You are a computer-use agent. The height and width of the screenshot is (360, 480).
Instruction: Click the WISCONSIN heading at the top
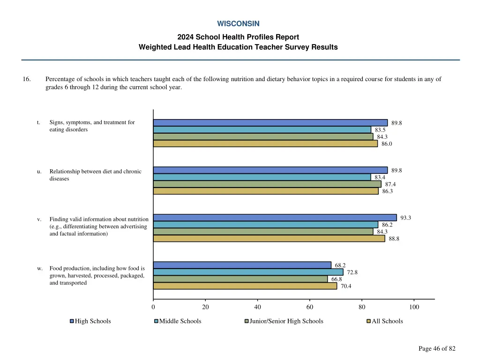(238, 23)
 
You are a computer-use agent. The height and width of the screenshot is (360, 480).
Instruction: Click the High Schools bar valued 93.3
(275, 217)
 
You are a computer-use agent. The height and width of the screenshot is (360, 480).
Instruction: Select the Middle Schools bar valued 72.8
(248, 272)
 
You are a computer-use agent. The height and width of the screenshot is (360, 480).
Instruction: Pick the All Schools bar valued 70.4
(245, 286)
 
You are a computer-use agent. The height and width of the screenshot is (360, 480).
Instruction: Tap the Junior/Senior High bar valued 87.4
(267, 184)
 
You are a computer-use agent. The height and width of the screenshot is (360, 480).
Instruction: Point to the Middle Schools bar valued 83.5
(262, 130)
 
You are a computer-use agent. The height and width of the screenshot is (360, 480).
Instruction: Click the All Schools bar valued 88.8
(269, 239)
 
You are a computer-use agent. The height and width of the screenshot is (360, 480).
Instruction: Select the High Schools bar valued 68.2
(242, 265)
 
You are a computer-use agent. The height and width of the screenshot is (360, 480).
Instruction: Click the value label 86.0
(387, 144)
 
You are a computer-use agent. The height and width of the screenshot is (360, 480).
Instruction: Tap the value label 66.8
(337, 279)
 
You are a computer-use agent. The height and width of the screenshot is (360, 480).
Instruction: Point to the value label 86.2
(387, 225)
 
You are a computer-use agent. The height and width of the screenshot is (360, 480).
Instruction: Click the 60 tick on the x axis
(310, 307)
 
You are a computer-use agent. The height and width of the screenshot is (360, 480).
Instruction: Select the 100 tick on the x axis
(414, 307)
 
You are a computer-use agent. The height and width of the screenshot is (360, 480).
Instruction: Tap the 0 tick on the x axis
(153, 307)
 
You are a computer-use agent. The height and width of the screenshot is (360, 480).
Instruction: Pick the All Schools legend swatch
(368, 321)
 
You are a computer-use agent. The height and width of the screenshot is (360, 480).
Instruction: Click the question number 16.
(27, 79)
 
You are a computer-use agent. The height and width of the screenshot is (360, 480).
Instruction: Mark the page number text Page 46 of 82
(437, 348)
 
